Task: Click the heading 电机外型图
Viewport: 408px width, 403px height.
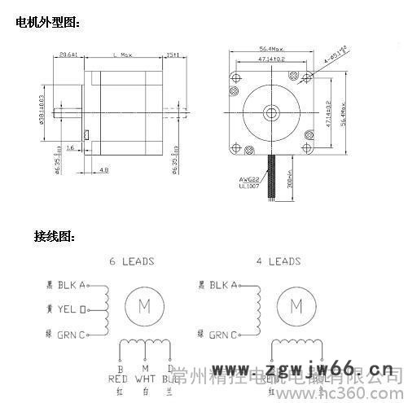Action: (x=48, y=24)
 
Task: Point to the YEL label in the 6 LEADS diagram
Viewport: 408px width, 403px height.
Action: (x=72, y=309)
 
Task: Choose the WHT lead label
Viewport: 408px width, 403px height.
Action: (x=145, y=379)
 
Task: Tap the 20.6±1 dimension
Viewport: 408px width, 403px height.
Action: (x=69, y=55)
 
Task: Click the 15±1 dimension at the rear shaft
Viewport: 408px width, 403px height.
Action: (x=173, y=55)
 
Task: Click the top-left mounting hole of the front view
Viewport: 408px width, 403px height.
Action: (x=237, y=77)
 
